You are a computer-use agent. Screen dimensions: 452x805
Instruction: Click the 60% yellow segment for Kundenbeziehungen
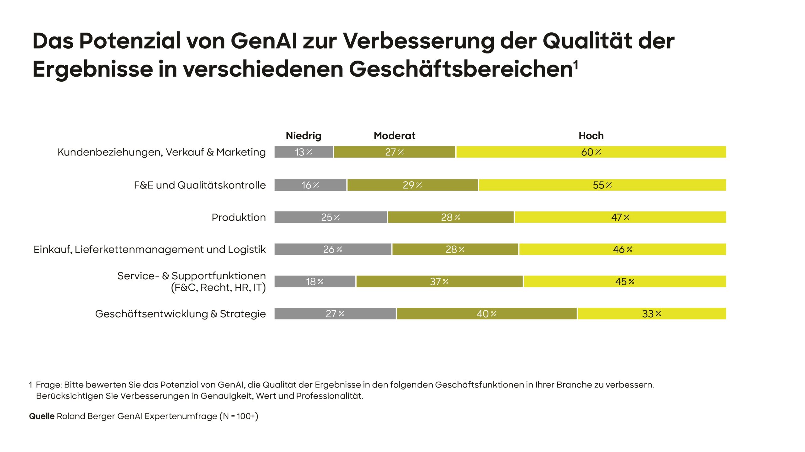[591, 152]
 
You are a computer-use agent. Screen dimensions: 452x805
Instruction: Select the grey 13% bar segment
[303, 152]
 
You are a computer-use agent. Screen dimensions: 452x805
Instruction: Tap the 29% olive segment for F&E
[412, 185]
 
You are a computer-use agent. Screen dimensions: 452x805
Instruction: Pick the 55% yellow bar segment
[602, 185]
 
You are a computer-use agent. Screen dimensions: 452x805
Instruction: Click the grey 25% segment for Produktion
[330, 217]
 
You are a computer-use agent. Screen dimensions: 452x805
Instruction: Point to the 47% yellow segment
[620, 217]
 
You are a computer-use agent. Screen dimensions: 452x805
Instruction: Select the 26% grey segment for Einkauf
[333, 249]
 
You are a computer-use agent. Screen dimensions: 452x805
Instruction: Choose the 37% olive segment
[439, 281]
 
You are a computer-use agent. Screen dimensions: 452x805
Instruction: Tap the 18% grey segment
[314, 281]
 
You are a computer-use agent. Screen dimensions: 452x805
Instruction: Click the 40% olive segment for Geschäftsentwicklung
[486, 314]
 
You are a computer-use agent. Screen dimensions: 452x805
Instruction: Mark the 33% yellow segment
[652, 314]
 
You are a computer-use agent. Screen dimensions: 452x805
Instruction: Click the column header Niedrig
[303, 136]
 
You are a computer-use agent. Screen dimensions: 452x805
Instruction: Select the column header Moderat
[394, 136]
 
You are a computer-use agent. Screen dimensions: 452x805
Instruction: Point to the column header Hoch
[591, 136]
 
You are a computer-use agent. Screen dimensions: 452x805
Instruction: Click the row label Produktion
[239, 217]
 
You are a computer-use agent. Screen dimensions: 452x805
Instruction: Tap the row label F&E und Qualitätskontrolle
[200, 185]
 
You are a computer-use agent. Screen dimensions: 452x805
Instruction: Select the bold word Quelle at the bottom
[42, 416]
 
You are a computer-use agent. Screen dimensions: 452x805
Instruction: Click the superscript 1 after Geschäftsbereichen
[576, 65]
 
